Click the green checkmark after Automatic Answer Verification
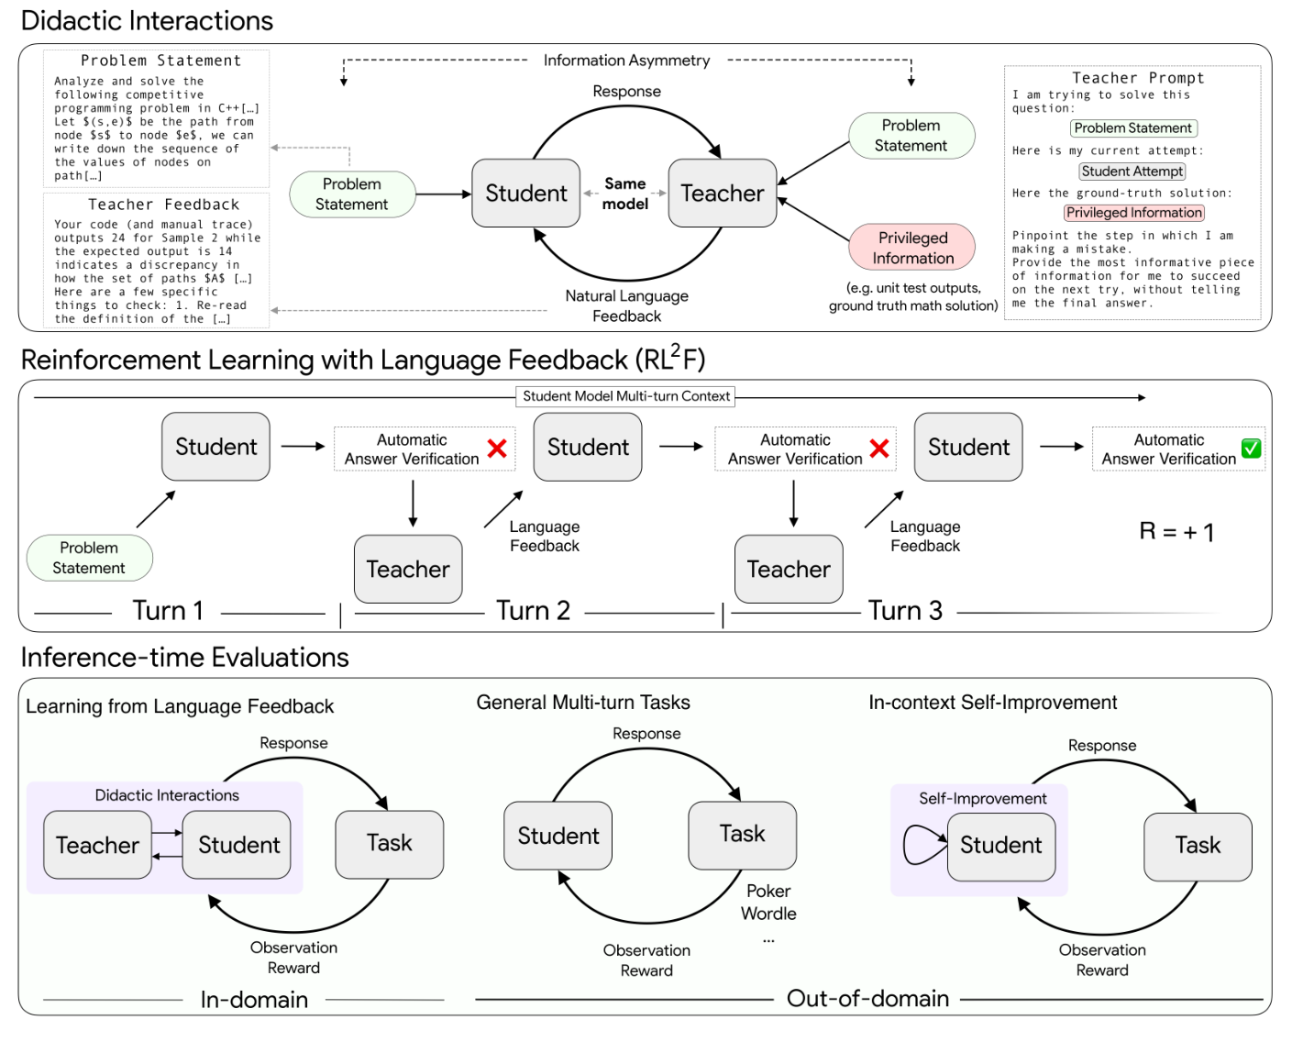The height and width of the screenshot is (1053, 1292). click(1251, 449)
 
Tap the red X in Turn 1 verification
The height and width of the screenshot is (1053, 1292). click(497, 449)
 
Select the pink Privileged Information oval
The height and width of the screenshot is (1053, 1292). click(911, 248)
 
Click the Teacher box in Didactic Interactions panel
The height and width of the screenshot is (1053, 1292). click(722, 194)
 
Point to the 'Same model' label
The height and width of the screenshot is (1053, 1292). click(624, 194)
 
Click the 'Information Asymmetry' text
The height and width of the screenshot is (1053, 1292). click(626, 61)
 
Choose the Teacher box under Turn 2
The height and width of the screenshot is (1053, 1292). click(408, 569)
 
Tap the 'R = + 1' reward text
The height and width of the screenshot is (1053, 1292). click(1176, 532)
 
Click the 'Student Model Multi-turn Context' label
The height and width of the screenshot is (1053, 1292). click(626, 396)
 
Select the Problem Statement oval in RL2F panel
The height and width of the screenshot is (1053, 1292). click(89, 558)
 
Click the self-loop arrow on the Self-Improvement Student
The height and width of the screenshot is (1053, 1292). click(922, 845)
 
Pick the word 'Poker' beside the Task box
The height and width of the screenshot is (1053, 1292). click(768, 891)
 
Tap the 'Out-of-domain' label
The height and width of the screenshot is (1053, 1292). click(867, 999)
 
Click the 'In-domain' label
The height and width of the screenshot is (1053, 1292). click(254, 1000)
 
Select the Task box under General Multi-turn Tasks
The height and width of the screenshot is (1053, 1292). click(742, 835)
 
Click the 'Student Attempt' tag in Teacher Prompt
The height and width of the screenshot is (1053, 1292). click(1132, 172)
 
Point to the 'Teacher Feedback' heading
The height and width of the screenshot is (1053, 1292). click(163, 205)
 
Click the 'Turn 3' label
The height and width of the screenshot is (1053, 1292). click(905, 611)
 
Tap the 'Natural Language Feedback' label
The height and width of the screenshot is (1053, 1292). click(626, 305)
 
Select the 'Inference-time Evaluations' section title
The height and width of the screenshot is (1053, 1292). click(184, 658)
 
